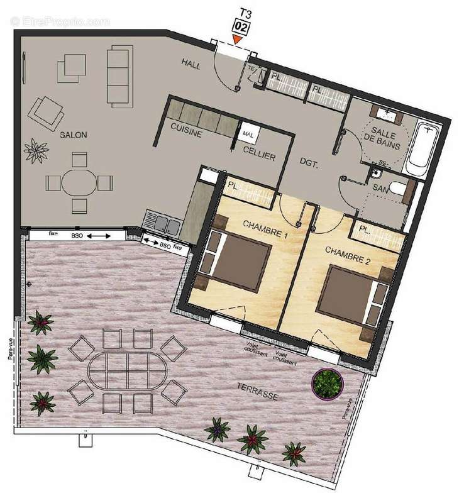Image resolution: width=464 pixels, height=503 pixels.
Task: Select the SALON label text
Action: (x=74, y=135)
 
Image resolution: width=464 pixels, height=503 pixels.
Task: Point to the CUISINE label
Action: (x=185, y=133)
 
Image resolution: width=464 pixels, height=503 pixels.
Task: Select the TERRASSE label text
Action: (x=258, y=390)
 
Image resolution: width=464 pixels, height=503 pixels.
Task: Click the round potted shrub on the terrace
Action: (x=328, y=382)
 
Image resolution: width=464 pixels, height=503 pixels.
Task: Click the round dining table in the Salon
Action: (x=79, y=182)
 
